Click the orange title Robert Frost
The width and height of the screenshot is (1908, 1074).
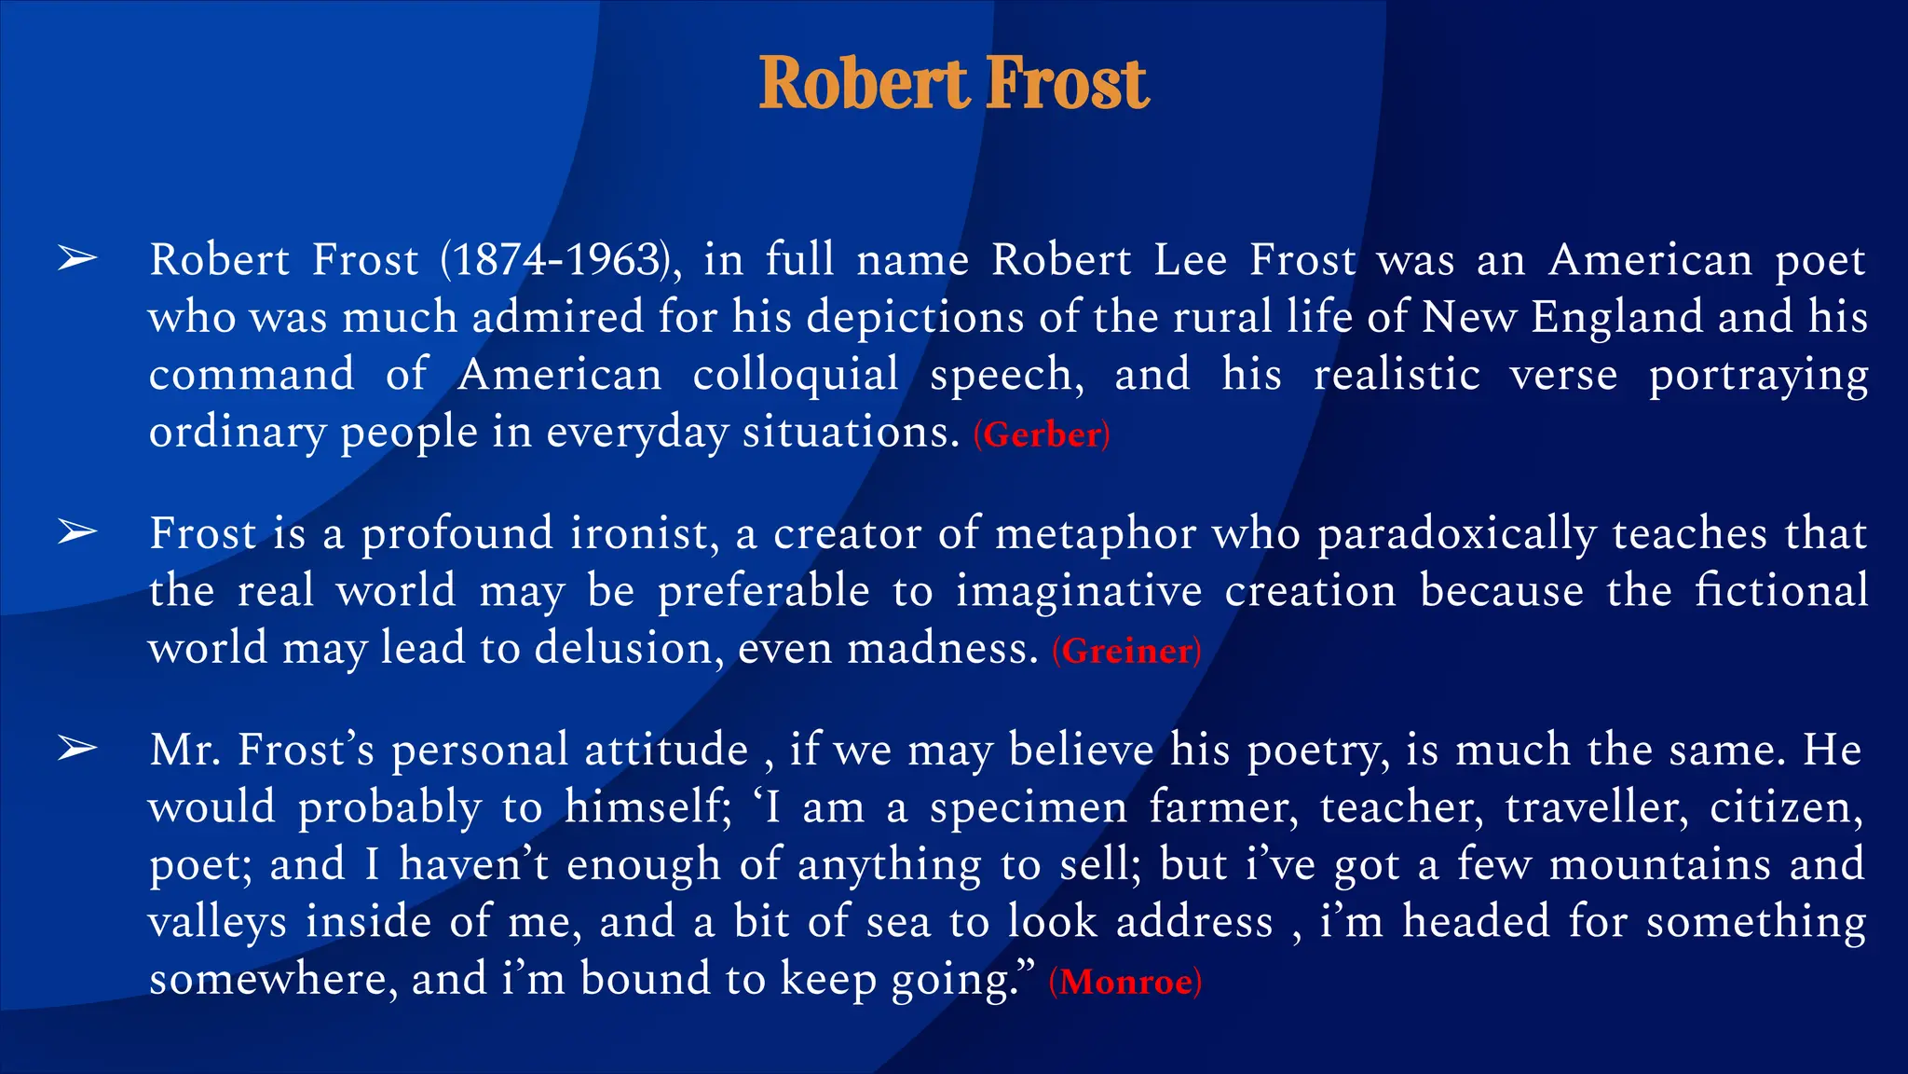(954, 83)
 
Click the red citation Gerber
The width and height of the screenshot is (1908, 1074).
(1042, 434)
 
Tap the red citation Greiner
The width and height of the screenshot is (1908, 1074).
(1126, 651)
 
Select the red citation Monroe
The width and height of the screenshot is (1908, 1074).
(1125, 982)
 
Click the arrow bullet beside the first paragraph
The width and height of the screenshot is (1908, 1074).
(77, 258)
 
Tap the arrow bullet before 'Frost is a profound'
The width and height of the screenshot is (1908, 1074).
(77, 532)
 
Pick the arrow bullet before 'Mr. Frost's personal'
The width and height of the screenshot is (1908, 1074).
(77, 748)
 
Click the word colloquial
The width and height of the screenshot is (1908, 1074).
(796, 375)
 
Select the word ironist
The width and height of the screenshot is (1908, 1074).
(644, 533)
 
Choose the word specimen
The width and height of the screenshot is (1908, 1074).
(1029, 807)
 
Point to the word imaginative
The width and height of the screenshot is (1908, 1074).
(1078, 591)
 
